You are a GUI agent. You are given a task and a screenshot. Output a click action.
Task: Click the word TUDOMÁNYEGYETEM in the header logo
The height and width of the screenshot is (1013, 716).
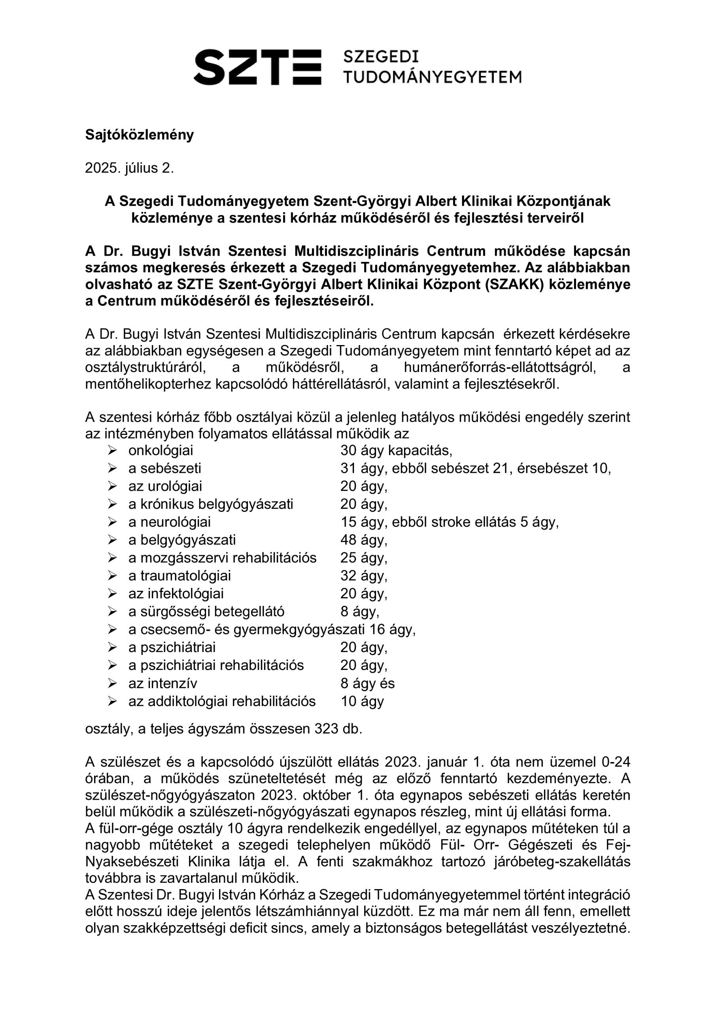pos(432,77)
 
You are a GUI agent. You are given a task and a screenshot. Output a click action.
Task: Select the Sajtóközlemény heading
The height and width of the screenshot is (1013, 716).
pos(139,135)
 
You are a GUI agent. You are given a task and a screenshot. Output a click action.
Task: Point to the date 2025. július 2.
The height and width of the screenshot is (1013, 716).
pos(129,168)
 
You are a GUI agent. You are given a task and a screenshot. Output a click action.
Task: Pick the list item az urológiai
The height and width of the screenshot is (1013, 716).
pos(165,486)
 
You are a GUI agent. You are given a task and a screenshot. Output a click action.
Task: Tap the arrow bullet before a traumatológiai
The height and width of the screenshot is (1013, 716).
pos(112,575)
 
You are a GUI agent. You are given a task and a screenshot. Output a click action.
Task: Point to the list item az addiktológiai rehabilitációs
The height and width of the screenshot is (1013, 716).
pos(222,701)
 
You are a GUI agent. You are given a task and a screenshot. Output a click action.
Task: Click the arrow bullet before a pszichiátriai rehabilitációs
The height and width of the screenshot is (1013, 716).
pos(112,665)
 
